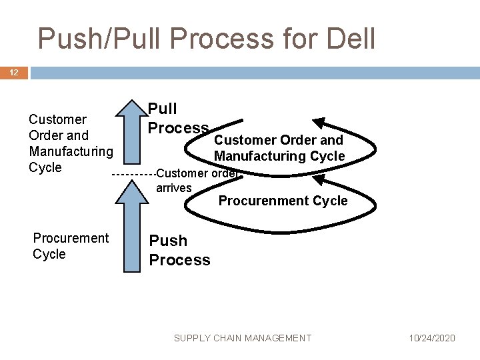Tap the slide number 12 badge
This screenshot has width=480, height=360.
point(14,73)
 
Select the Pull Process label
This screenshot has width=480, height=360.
point(178,118)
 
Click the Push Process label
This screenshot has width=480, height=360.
point(179,250)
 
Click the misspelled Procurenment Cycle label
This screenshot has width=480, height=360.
point(283,201)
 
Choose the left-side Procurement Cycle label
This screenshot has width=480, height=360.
point(70,246)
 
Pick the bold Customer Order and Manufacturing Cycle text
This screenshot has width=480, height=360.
point(279,148)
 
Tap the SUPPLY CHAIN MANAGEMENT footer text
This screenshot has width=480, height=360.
point(243,338)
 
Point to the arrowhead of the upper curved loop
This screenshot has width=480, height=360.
point(323,124)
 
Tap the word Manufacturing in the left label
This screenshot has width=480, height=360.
point(71,151)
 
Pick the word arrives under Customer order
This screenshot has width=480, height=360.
point(174,188)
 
